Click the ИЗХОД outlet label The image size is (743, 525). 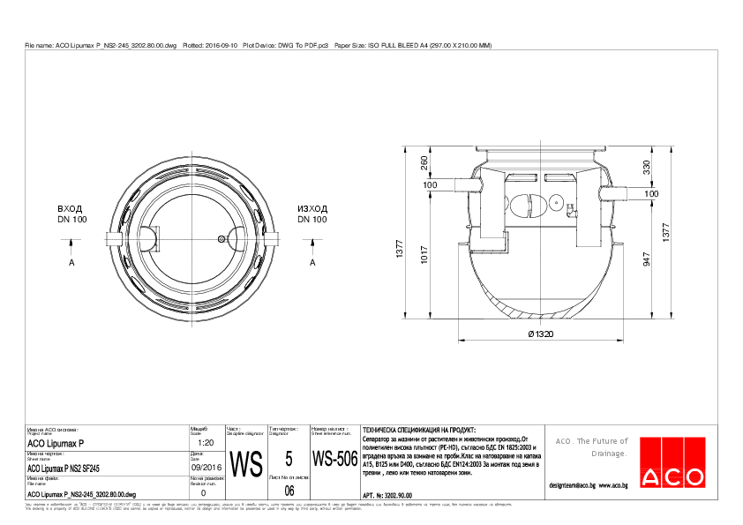click(312, 207)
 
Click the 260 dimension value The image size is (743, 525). click(424, 164)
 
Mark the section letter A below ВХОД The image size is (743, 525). click(71, 262)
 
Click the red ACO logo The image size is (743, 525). click(672, 477)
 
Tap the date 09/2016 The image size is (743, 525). click(206, 468)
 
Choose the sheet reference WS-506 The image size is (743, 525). click(334, 460)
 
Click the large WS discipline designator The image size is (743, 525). click(246, 461)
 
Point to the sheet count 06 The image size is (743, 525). click(289, 491)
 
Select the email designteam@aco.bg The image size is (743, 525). click(572, 485)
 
